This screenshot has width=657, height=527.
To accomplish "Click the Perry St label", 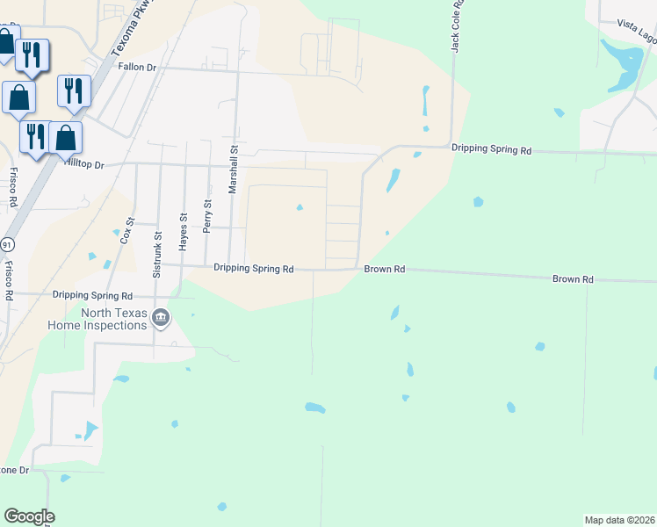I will click(207, 215).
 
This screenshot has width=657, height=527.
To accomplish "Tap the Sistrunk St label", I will click(158, 255).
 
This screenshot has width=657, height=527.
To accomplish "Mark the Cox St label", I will click(126, 230).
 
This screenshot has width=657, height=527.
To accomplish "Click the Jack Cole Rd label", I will click(457, 26).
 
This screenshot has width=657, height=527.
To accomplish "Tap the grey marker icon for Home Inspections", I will click(161, 318).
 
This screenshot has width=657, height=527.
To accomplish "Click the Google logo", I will click(29, 516).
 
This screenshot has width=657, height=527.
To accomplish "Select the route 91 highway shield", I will click(7, 243).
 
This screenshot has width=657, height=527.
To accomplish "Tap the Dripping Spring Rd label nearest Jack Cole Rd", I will click(492, 150).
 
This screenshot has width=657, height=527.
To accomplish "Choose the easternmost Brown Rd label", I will click(573, 279).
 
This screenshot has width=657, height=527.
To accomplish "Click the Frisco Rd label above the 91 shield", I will click(12, 186).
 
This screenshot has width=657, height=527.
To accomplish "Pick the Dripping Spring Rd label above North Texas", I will click(92, 296).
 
